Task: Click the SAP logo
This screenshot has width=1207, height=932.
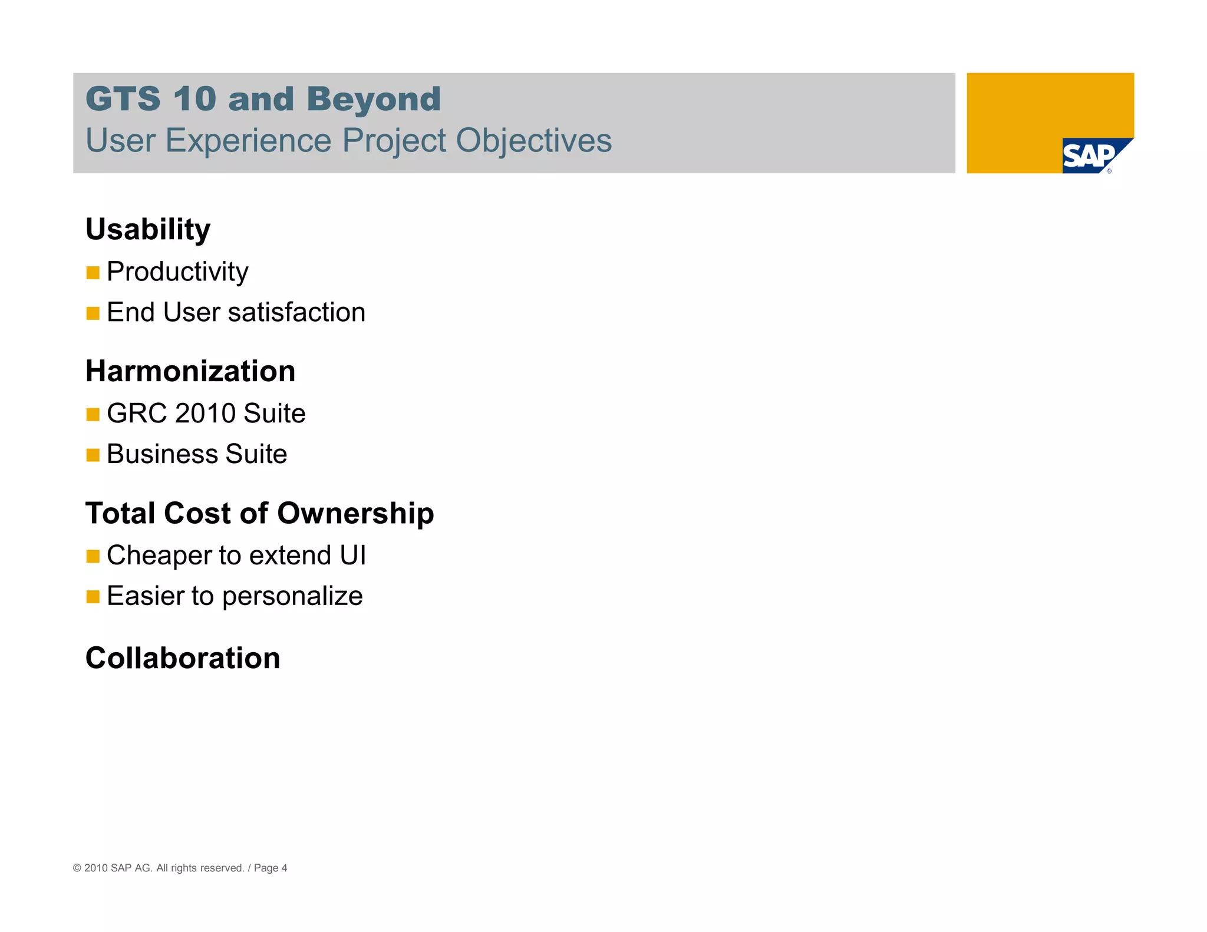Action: tap(1090, 156)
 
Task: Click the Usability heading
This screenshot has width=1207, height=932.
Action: tap(148, 229)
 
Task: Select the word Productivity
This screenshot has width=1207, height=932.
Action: tap(177, 272)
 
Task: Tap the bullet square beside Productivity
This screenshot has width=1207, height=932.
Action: tap(93, 273)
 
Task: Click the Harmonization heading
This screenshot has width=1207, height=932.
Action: tap(190, 371)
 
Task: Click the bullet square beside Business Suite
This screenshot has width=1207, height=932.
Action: tap(93, 455)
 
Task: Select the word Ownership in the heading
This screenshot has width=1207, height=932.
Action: tap(355, 513)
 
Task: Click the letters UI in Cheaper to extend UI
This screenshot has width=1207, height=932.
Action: tap(352, 556)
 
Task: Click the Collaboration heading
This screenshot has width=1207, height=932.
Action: tap(183, 658)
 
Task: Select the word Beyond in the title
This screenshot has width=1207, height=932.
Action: tap(374, 99)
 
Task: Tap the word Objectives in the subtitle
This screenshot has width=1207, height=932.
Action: tap(533, 141)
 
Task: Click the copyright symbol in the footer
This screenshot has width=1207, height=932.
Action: tap(77, 868)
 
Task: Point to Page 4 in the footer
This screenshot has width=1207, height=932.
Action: tap(271, 868)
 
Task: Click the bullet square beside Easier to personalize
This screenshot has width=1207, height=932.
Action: tap(93, 597)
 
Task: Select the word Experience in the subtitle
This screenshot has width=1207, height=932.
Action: tap(248, 141)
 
